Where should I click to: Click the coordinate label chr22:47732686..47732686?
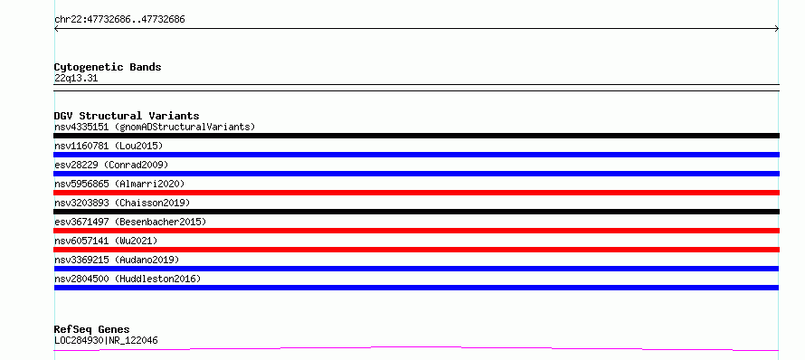pos(119,20)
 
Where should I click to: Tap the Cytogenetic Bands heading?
pos(108,67)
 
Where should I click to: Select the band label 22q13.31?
pos(76,78)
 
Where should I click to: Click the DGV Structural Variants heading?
pos(127,116)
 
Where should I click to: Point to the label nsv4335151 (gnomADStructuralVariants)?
pos(155,127)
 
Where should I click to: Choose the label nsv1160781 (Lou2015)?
pos(109,146)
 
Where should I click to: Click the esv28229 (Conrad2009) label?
pos(111,165)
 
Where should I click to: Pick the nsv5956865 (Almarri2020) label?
pos(119,184)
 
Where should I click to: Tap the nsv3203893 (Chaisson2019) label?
pos(122,203)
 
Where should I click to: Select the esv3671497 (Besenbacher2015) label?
pos(130,222)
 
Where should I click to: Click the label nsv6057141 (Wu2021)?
pos(106,241)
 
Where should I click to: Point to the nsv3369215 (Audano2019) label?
pos(117,260)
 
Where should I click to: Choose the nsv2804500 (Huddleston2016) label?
pos(128,279)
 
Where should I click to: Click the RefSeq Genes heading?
pos(92,329)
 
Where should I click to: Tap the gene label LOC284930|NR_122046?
pos(106,340)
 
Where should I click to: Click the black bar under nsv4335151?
pos(416,136)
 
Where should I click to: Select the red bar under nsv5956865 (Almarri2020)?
pos(416,193)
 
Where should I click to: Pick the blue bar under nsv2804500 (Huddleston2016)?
pos(416,288)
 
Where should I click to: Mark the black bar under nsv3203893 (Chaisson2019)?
pos(416,212)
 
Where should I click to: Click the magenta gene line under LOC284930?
pos(416,347)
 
